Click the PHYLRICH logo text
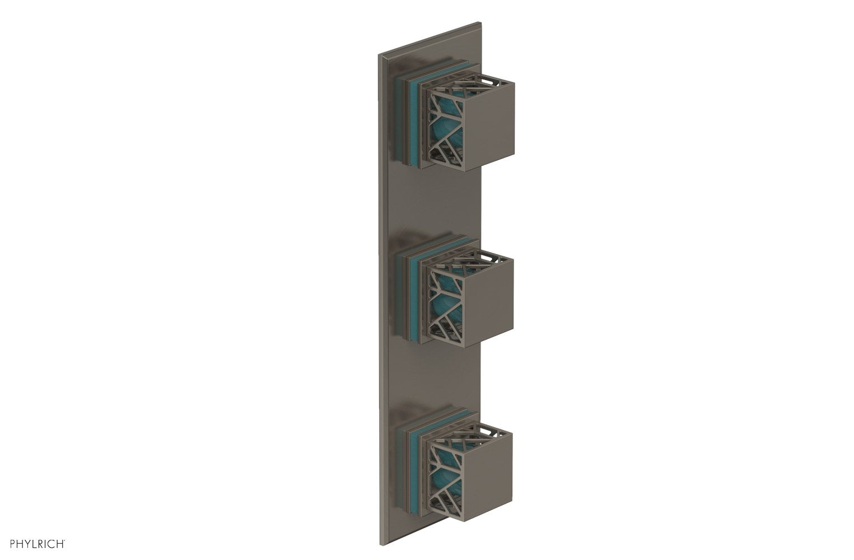(x=34, y=543)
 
